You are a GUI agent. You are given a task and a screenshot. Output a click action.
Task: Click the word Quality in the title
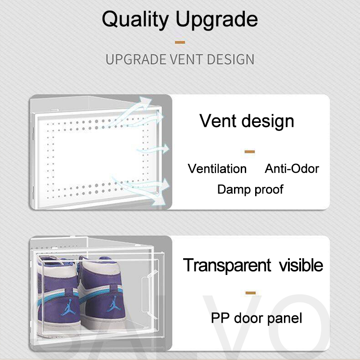point(135,20)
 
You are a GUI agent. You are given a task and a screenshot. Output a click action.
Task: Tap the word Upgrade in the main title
point(217,20)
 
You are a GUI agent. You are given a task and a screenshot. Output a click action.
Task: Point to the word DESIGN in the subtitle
point(230,59)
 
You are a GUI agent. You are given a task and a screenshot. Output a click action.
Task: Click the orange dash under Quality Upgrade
point(180,42)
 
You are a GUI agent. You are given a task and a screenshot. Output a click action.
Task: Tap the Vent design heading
point(247,121)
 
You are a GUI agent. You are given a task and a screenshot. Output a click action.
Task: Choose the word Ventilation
point(217,169)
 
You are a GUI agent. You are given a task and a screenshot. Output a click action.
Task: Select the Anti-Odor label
point(292,169)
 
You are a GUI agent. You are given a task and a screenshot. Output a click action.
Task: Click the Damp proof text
point(250,189)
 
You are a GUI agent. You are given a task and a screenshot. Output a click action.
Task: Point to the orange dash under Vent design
point(250,152)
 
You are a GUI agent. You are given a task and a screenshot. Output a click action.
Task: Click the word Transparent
point(227,265)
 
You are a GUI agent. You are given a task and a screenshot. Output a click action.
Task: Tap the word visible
point(301,265)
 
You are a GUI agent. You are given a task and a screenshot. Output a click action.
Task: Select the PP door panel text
point(256,318)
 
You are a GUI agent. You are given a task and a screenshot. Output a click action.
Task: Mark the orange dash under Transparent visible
point(251,293)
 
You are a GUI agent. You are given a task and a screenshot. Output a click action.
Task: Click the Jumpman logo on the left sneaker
point(68,307)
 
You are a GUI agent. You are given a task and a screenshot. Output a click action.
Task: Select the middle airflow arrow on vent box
point(153,149)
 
